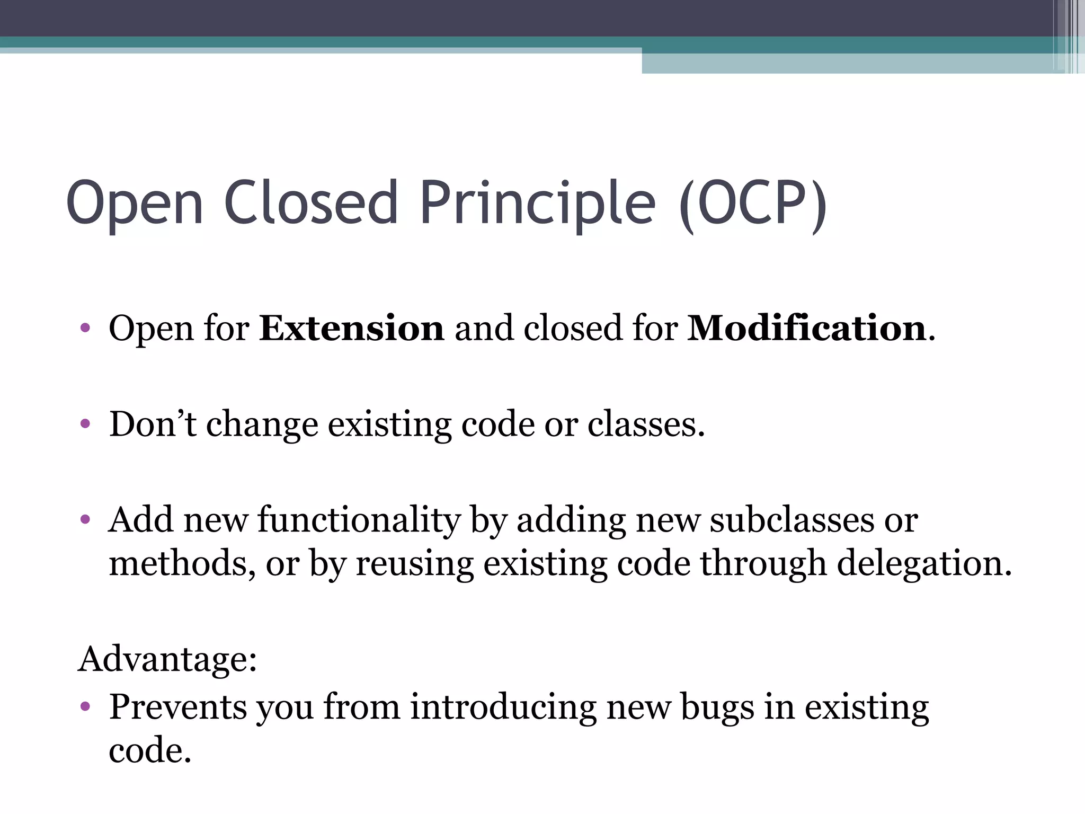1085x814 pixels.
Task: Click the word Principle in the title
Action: [537, 204]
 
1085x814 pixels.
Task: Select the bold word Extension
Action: [351, 328]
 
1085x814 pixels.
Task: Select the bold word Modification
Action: [806, 328]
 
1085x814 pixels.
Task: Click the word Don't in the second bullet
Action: [153, 424]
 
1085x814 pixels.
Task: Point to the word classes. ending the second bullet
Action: [646, 424]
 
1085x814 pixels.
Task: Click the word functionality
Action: [359, 520]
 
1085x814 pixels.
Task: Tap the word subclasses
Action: [791, 520]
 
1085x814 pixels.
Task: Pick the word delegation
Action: [924, 563]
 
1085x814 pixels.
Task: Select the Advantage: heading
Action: [167, 659]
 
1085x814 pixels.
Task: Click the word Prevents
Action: [178, 707]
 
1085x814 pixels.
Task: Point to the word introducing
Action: [503, 707]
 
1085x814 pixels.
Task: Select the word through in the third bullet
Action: [763, 563]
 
